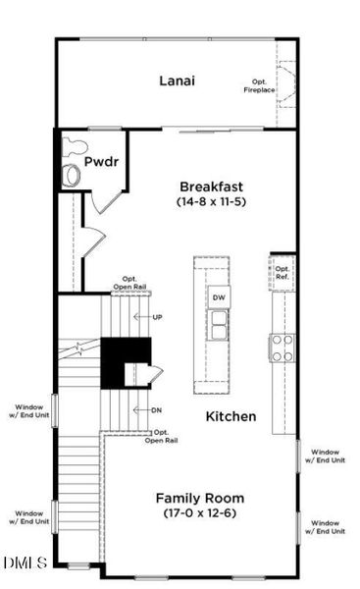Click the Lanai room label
pyautogui.click(x=177, y=81)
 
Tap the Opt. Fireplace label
pyautogui.click(x=260, y=86)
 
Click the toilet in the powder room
pyautogui.click(x=73, y=175)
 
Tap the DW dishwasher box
pyautogui.click(x=218, y=297)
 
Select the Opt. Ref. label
pyautogui.click(x=283, y=273)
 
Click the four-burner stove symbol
pyautogui.click(x=283, y=348)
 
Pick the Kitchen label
pyautogui.click(x=231, y=416)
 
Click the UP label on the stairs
pyautogui.click(x=157, y=317)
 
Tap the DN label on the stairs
pyautogui.click(x=157, y=409)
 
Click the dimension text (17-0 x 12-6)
pyautogui.click(x=200, y=512)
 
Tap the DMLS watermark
pyautogui.click(x=24, y=562)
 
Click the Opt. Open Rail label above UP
pyautogui.click(x=133, y=282)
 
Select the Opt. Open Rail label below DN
pyautogui.click(x=162, y=437)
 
